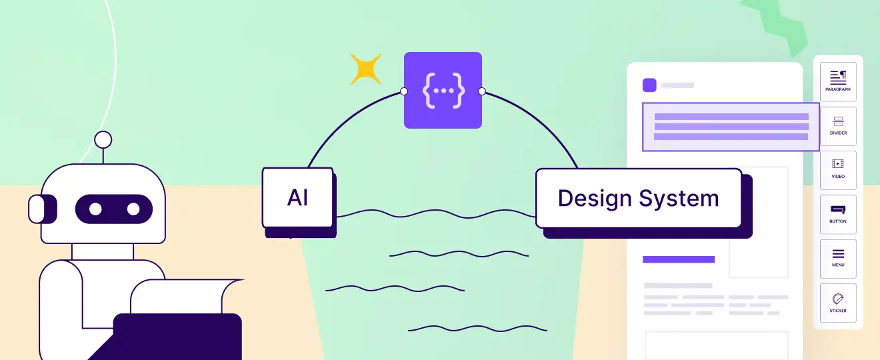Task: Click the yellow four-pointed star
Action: click(366, 69)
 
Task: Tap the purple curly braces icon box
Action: click(443, 90)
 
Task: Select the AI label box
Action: click(297, 197)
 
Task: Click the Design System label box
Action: click(639, 198)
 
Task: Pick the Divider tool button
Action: click(838, 125)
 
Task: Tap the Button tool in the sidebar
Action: click(838, 213)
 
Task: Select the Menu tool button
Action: click(838, 258)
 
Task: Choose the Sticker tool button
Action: click(838, 303)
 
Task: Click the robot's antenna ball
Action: click(103, 140)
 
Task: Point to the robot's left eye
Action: click(95, 209)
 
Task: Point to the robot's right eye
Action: click(133, 209)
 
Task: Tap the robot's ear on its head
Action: click(36, 209)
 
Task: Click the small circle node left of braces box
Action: click(403, 91)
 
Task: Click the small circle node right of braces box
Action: click(482, 91)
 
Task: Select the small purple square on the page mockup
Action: click(649, 85)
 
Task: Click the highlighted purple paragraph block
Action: click(731, 127)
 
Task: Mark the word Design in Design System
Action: click(595, 198)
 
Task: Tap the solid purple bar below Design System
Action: click(679, 259)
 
